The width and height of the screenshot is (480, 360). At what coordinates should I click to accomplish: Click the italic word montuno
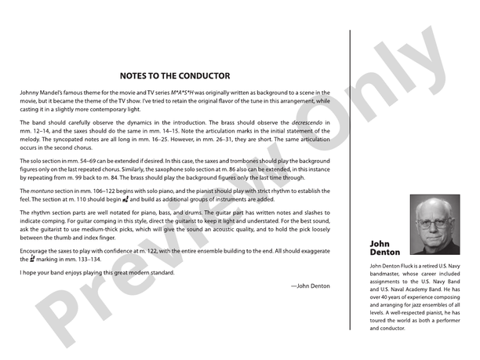39,191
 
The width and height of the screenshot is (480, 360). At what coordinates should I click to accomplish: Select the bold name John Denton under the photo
384,249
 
